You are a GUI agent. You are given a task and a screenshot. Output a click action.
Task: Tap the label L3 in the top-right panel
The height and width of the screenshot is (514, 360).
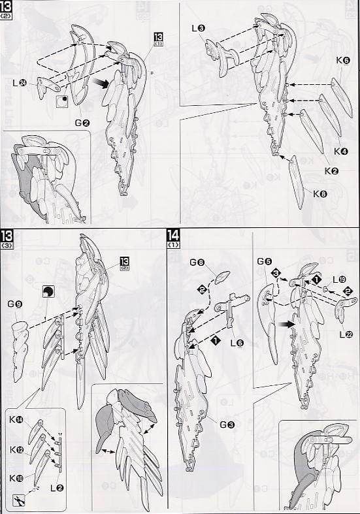(x=199, y=27)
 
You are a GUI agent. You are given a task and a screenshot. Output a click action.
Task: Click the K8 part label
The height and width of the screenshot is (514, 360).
(x=319, y=193)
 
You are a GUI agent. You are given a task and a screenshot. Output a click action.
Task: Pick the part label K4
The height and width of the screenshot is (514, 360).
(x=340, y=151)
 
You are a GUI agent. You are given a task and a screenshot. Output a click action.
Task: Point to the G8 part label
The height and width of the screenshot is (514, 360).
(x=197, y=263)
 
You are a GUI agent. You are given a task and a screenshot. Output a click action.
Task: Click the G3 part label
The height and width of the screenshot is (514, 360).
(x=225, y=425)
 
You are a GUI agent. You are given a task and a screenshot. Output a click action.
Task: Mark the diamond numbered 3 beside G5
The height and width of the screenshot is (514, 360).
(x=276, y=272)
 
